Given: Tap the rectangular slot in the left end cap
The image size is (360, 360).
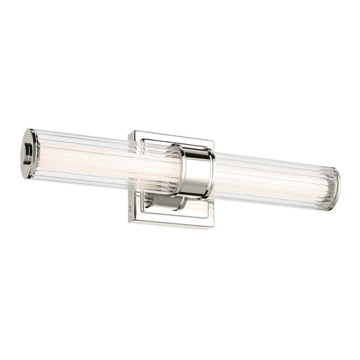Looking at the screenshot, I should (x=27, y=148).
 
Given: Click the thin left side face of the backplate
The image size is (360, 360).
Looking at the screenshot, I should (x=129, y=176).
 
